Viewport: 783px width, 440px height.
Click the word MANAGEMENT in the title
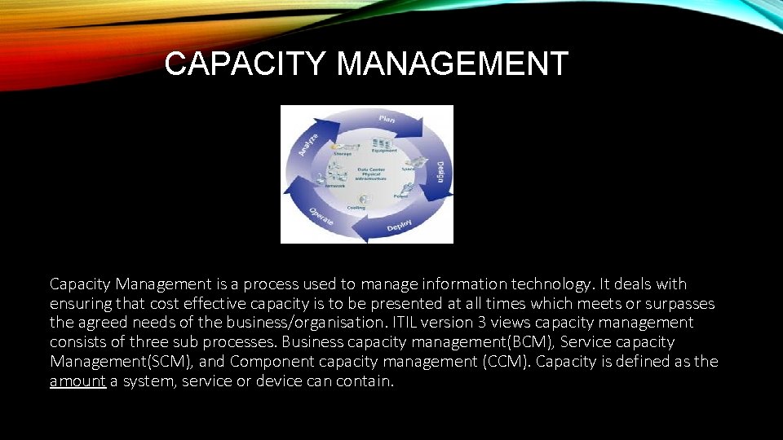point(452,64)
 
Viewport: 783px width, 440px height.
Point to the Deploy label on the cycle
point(399,225)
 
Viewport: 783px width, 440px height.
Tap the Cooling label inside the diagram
point(356,207)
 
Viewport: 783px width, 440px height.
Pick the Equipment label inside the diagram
point(384,150)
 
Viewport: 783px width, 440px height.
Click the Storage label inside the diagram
point(342,152)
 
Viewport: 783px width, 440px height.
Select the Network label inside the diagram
point(334,186)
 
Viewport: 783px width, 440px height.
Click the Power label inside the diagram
point(400,196)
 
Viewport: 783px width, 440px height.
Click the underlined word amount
point(77,381)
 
